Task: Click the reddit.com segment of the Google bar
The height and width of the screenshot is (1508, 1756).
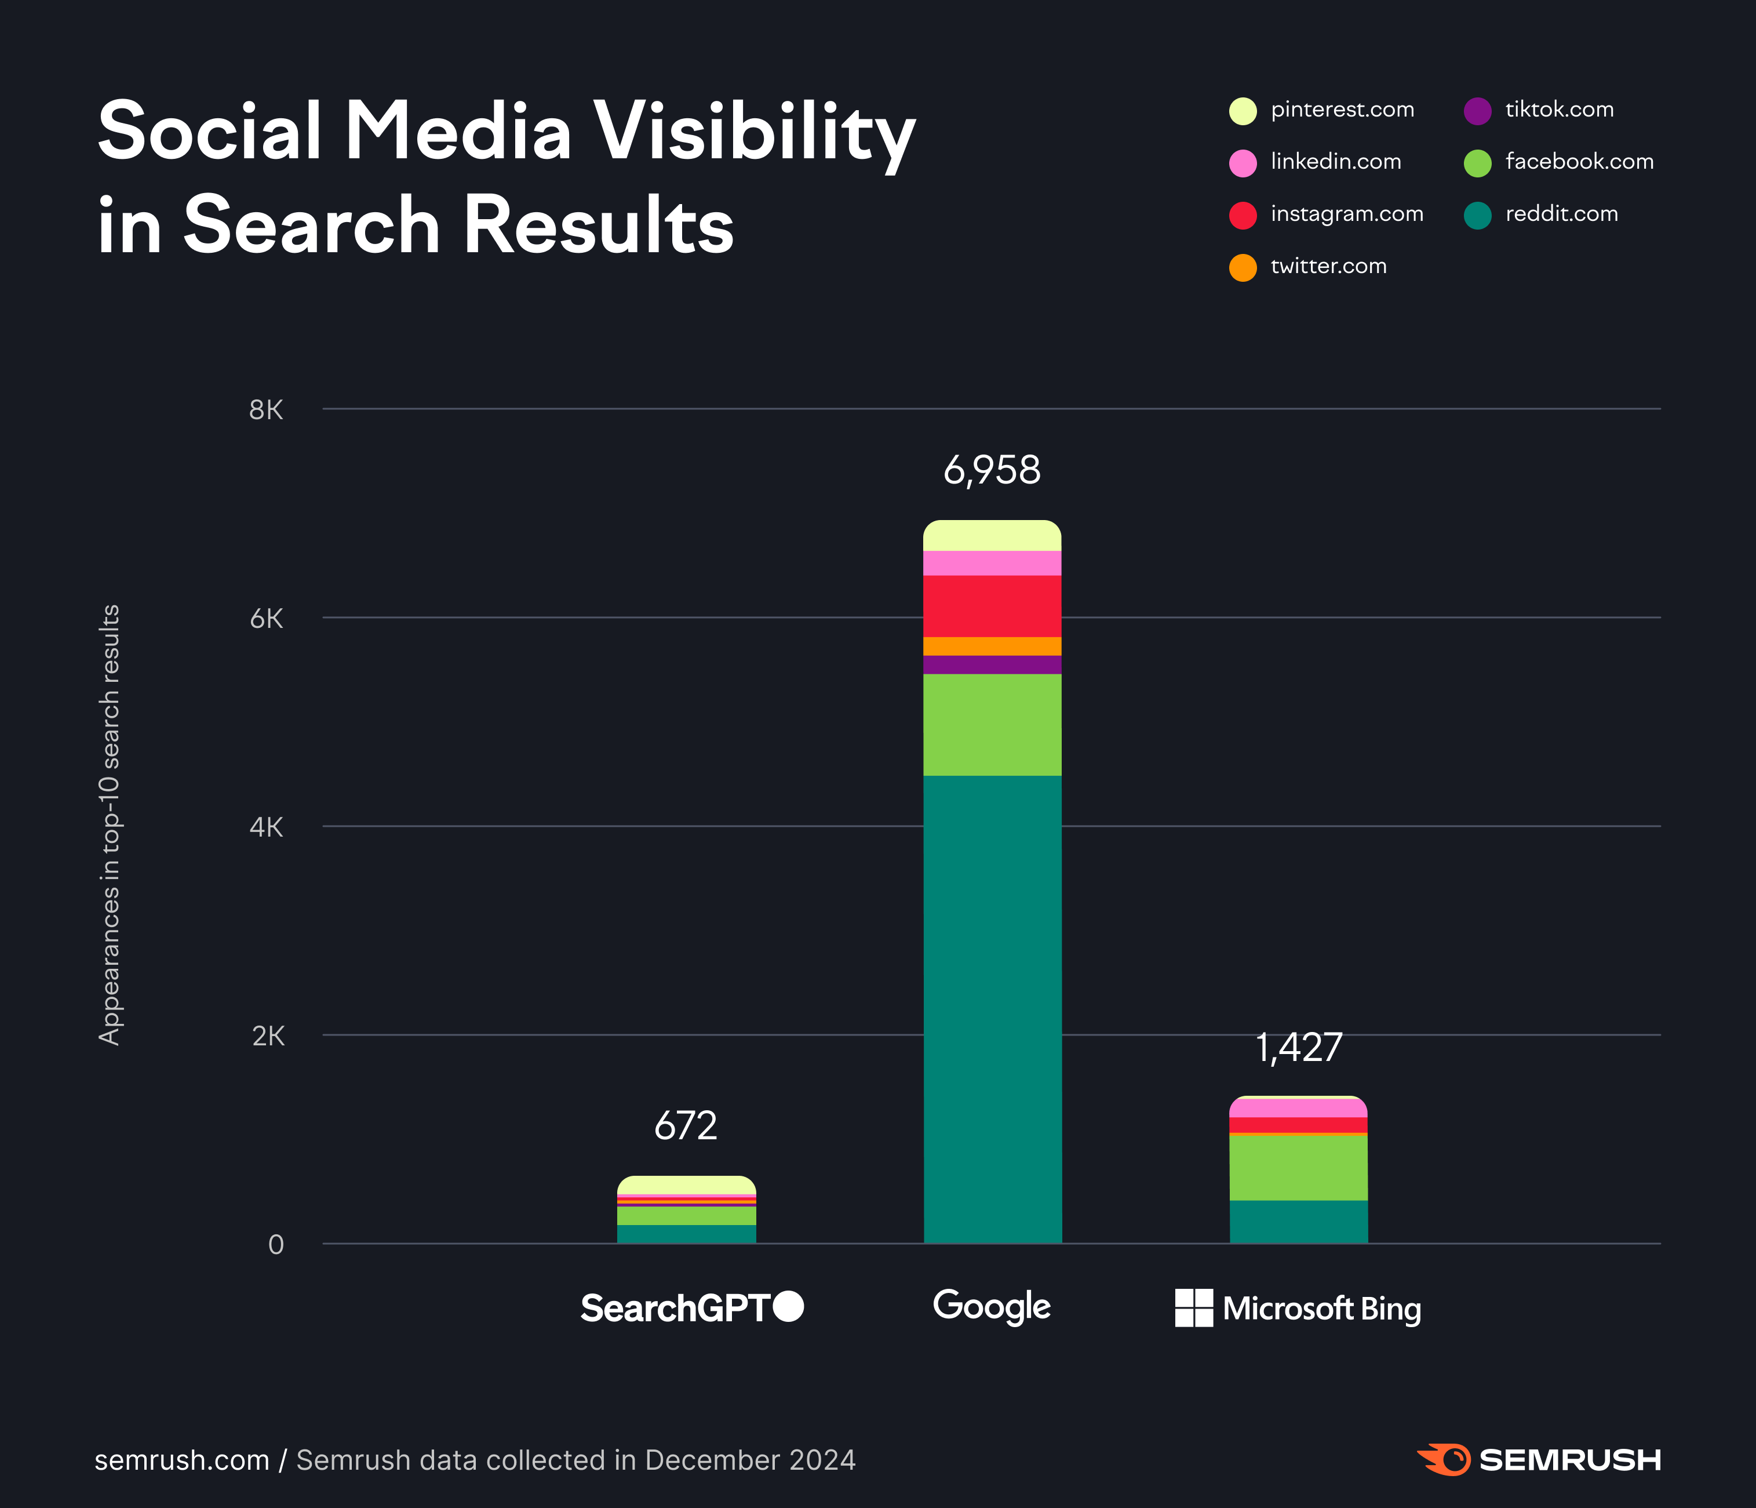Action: click(x=992, y=1009)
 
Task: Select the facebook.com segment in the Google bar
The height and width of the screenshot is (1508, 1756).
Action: click(x=992, y=725)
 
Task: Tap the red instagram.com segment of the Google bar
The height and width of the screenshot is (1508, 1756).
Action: click(x=992, y=606)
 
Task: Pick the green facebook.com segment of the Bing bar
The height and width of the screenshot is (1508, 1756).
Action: click(x=1298, y=1167)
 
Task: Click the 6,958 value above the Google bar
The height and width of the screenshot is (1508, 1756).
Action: click(x=992, y=470)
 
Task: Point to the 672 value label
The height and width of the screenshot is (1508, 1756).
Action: click(x=686, y=1126)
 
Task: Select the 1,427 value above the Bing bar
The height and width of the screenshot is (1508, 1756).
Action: click(x=1298, y=1048)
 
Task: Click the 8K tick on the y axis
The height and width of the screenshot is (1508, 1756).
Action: click(x=266, y=410)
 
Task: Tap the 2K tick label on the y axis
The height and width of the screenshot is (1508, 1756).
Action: click(x=268, y=1036)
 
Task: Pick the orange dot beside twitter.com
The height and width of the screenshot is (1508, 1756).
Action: click(x=1243, y=267)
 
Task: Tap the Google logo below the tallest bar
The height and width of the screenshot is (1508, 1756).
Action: click(x=992, y=1307)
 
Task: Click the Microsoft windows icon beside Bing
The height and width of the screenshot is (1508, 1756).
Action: click(x=1193, y=1308)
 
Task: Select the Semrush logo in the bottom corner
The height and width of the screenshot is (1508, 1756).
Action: click(x=1538, y=1460)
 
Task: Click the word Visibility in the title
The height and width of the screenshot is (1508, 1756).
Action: click(x=753, y=132)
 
